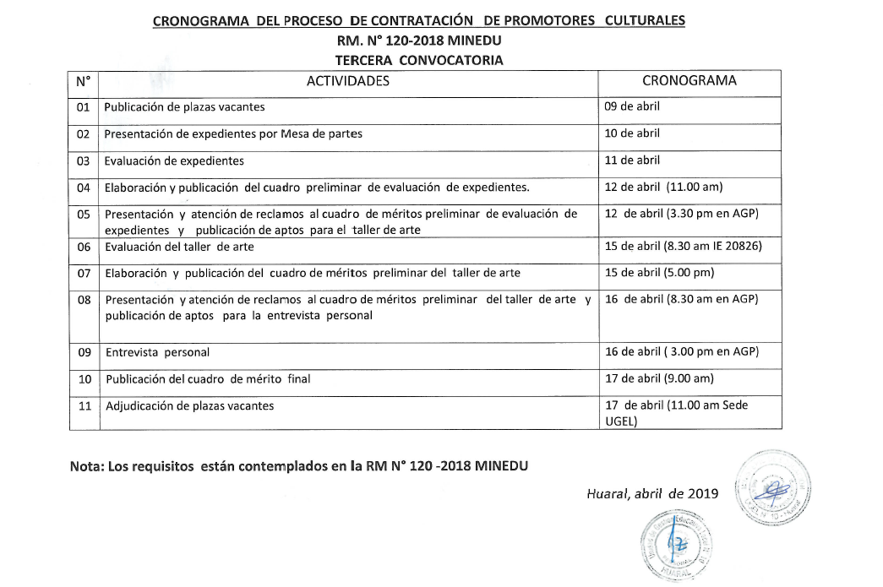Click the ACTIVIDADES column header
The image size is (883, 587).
(x=347, y=81)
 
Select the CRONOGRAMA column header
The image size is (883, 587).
(x=689, y=81)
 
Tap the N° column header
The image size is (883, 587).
(x=83, y=82)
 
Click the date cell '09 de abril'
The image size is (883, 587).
(x=632, y=106)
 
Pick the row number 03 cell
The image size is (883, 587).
(x=83, y=160)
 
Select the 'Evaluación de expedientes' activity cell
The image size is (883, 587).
(x=174, y=160)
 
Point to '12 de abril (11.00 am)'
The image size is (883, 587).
(x=663, y=187)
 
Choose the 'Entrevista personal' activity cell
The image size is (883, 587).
(x=157, y=352)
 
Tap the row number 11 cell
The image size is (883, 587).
(x=84, y=406)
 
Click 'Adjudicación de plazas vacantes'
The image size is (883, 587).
(x=189, y=406)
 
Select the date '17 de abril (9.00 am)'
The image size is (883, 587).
(x=659, y=378)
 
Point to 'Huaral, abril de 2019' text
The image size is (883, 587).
(x=652, y=494)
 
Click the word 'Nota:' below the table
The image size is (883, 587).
(x=88, y=466)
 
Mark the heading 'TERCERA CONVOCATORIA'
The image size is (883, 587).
(x=419, y=60)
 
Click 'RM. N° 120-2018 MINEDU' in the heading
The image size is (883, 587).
(x=419, y=41)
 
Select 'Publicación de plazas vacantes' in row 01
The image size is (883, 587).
(x=184, y=107)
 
